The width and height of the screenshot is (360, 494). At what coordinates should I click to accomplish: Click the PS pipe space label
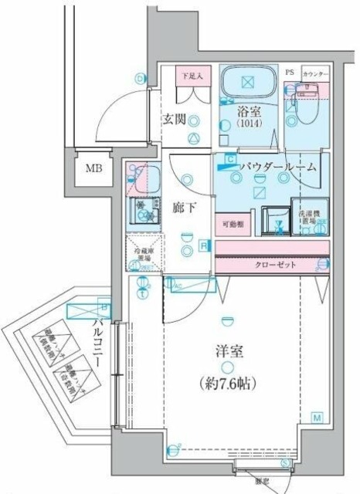(x=290, y=73)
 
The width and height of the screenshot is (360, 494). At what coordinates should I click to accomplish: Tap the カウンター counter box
(x=315, y=73)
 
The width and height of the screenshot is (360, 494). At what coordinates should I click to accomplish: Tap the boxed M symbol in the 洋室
(x=317, y=418)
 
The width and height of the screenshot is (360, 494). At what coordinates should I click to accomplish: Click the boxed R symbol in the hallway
(x=202, y=246)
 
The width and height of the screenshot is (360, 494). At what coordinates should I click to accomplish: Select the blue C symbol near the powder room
(x=229, y=159)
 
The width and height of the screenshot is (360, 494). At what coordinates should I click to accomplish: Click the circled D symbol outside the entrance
(x=140, y=78)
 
